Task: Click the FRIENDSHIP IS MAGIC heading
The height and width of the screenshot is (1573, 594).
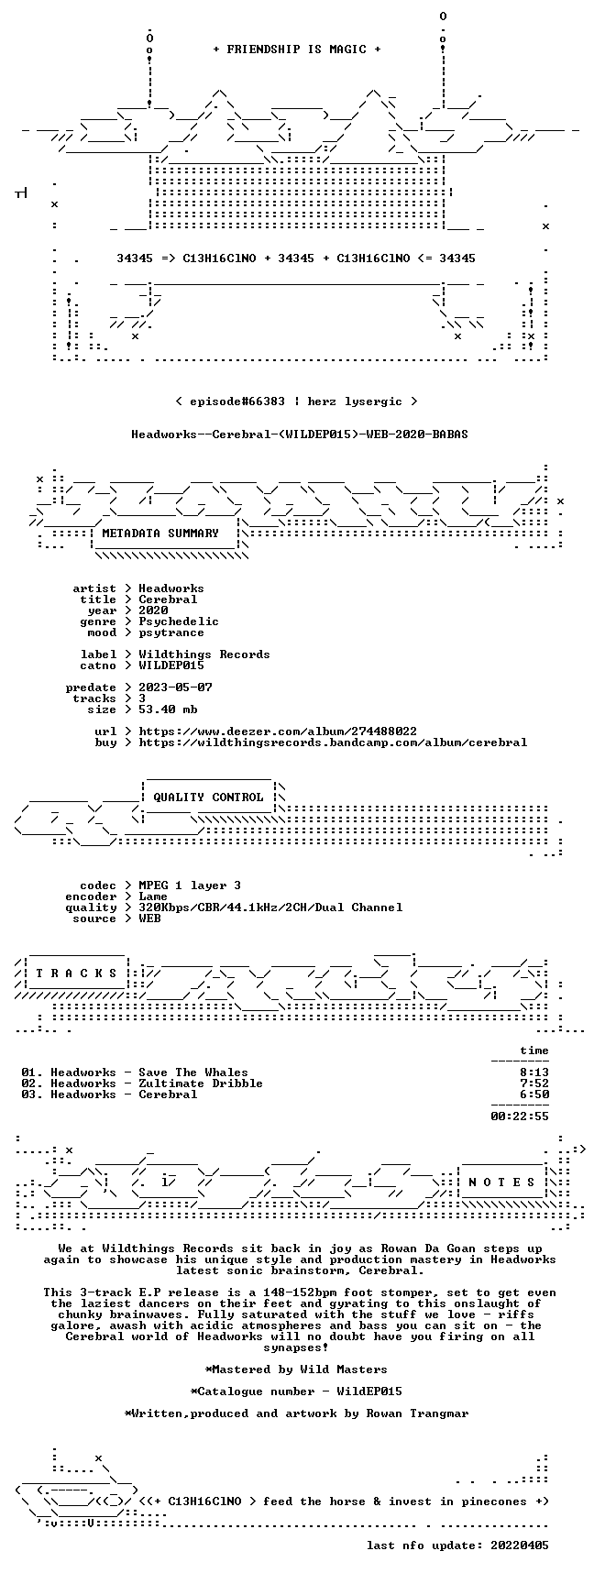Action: pos(296,49)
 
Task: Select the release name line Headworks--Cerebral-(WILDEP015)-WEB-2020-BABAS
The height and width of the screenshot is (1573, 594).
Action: pos(300,434)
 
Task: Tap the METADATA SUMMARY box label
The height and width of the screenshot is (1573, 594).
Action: pos(160,533)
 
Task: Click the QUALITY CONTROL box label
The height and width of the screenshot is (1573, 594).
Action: pos(208,797)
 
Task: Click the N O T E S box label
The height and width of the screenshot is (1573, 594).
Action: pos(501,1182)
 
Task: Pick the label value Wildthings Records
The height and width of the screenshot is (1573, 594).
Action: pos(204,654)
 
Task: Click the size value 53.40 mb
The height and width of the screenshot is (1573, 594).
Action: pos(168,709)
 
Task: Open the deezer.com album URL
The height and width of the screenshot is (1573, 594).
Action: pos(278,731)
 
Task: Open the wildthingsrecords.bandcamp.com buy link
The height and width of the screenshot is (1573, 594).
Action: pos(333,742)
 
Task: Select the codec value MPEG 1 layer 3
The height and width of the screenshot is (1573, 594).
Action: pos(190,885)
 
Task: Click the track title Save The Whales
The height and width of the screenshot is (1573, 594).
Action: pos(193,1072)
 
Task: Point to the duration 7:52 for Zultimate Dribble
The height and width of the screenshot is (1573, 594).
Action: pos(534,1083)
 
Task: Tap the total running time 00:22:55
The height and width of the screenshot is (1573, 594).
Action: pos(520,1116)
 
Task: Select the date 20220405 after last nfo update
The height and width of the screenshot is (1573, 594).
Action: pos(520,1545)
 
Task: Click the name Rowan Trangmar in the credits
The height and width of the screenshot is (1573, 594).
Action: pos(417,1413)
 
